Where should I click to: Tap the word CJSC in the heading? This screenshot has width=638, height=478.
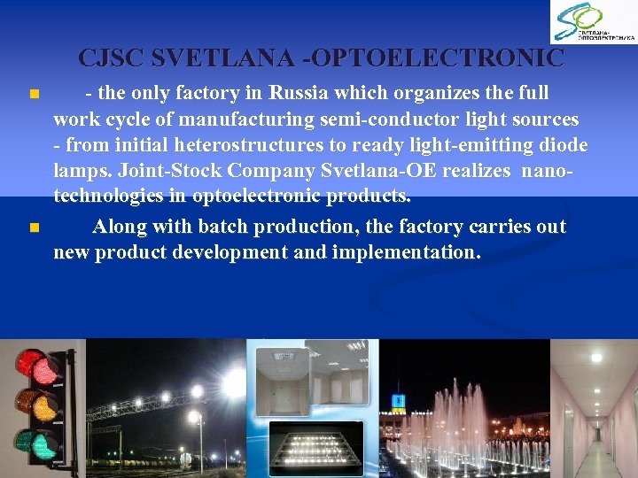tap(112, 58)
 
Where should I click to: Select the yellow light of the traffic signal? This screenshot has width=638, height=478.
tap(40, 402)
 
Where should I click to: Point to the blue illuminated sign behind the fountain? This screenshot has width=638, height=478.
tap(399, 400)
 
